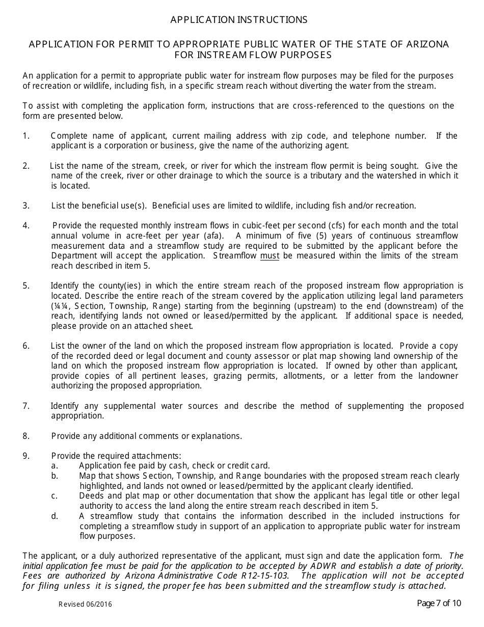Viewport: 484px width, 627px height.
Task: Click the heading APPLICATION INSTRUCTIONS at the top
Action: [238, 20]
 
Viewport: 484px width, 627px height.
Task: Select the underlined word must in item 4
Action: [270, 256]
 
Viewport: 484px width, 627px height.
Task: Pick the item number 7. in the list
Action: [26, 406]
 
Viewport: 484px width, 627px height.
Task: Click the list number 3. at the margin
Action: [26, 205]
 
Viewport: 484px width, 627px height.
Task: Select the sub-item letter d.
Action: [55, 516]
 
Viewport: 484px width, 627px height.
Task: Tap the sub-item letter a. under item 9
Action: [55, 465]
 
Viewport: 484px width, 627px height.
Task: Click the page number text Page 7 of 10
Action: [439, 604]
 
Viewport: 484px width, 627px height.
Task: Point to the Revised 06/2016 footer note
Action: [85, 605]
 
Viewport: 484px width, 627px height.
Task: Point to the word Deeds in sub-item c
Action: [91, 495]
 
